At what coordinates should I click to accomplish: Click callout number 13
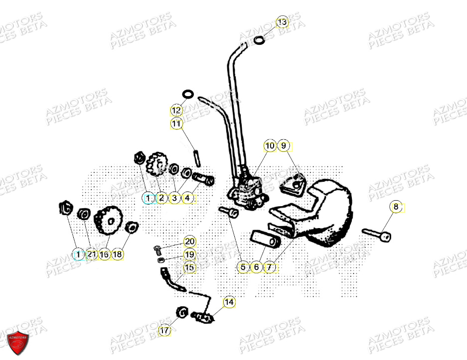click(x=282, y=22)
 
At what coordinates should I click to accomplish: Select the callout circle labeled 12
click(x=176, y=110)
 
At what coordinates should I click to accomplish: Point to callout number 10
click(x=270, y=146)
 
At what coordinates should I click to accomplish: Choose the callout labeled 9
click(x=284, y=146)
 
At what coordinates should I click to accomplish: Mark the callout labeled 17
click(x=165, y=330)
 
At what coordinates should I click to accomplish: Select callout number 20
click(x=189, y=242)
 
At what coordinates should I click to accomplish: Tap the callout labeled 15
click(x=189, y=267)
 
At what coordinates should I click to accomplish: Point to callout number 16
click(x=104, y=254)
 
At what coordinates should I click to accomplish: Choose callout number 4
click(x=187, y=198)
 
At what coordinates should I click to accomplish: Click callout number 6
click(x=256, y=267)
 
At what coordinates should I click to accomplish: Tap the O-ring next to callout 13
click(x=259, y=40)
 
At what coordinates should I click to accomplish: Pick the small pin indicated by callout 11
click(x=198, y=157)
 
